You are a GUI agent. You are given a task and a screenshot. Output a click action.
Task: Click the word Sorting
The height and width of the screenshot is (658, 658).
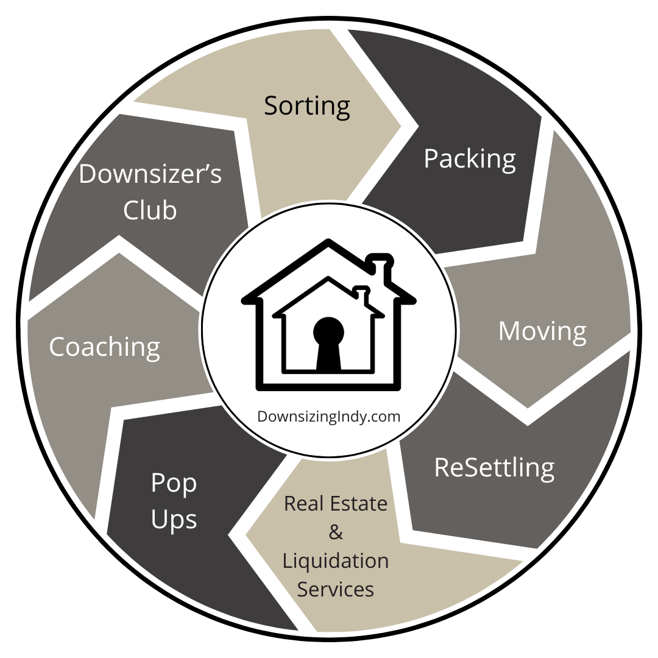pyautogui.click(x=307, y=106)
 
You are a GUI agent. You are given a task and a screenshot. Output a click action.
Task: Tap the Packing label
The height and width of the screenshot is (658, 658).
pyautogui.click(x=470, y=159)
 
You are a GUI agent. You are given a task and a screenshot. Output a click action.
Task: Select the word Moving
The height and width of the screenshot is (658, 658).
pyautogui.click(x=542, y=331)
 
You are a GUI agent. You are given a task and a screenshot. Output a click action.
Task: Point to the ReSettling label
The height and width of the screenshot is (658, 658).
pyautogui.click(x=494, y=467)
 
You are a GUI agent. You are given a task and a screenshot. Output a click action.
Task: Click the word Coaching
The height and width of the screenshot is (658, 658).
pyautogui.click(x=105, y=347)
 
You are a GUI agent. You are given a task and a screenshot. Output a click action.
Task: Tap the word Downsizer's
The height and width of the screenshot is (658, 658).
pyautogui.click(x=150, y=174)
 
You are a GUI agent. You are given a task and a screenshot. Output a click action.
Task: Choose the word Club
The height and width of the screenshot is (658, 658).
pyautogui.click(x=150, y=210)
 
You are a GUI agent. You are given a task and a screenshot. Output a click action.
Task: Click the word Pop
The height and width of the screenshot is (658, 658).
pyautogui.click(x=174, y=483)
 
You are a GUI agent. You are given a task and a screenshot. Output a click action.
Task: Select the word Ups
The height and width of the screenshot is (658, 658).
pyautogui.click(x=174, y=520)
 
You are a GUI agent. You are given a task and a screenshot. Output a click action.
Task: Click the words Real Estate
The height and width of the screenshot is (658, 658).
pyautogui.click(x=336, y=504)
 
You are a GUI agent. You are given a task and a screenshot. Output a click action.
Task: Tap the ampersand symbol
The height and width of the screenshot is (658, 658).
pyautogui.click(x=336, y=532)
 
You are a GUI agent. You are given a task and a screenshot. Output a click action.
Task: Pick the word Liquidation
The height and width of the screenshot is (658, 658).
pyautogui.click(x=336, y=561)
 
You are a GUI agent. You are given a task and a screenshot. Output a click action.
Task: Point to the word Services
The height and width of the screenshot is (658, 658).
pyautogui.click(x=336, y=589)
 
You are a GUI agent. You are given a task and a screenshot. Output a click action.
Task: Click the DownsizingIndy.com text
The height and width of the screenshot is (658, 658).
pyautogui.click(x=329, y=417)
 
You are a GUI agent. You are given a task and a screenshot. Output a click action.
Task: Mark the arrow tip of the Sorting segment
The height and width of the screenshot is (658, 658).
pyautogui.click(x=400, y=127)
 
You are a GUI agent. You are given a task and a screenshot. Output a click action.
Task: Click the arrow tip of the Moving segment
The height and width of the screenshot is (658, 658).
pyautogui.click(x=528, y=407)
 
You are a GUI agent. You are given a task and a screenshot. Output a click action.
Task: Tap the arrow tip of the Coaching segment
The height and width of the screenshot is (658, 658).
pyautogui.click(x=120, y=253)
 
